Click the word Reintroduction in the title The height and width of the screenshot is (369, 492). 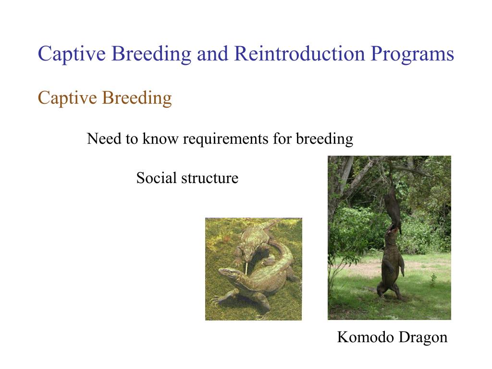[300, 54]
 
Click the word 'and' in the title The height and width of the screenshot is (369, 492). [212, 54]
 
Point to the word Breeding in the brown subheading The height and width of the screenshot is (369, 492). [137, 98]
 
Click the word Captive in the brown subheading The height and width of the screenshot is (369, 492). [67, 98]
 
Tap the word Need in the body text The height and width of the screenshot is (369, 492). [104, 138]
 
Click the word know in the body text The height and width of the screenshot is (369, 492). [160, 138]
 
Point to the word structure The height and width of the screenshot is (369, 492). [210, 178]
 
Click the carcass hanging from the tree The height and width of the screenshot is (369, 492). [393, 207]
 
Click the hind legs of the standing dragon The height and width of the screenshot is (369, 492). [389, 289]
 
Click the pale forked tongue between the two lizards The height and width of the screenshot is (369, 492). [246, 268]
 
